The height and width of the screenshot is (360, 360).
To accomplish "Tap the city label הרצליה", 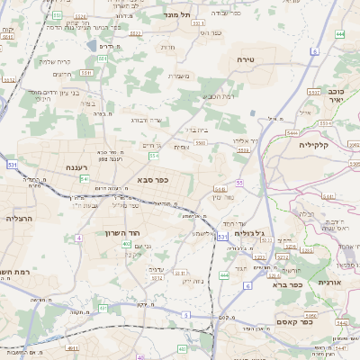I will (x=18, y=219).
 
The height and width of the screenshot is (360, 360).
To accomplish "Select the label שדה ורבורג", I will (x=145, y=119).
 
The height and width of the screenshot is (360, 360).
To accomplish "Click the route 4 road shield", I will (x=78, y=238).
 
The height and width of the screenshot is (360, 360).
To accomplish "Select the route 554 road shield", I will (x=154, y=157).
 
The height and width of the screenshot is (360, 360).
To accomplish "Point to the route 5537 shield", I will (x=313, y=92).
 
